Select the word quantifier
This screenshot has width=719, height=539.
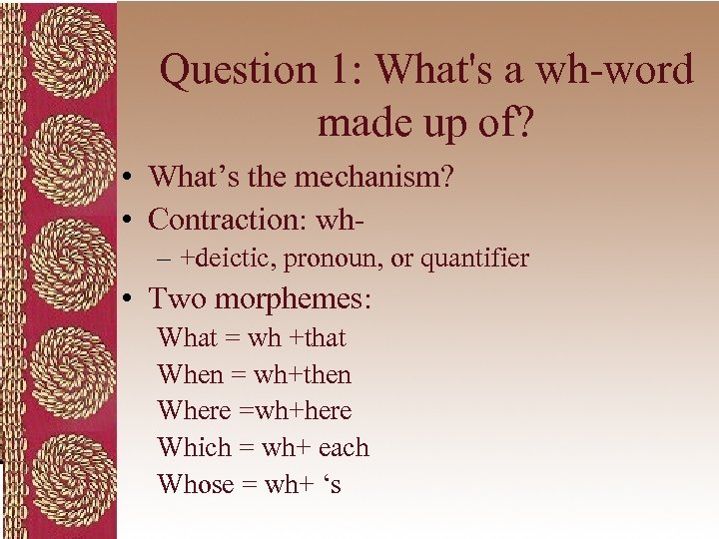click(x=474, y=259)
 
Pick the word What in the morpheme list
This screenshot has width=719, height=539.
click(x=187, y=338)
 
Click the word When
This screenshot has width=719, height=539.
click(x=190, y=375)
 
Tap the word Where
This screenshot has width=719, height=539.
click(x=194, y=411)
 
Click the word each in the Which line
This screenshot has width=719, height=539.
click(x=344, y=448)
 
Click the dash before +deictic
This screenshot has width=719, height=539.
click(x=165, y=260)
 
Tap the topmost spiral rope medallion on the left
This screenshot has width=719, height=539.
click(x=59, y=64)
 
